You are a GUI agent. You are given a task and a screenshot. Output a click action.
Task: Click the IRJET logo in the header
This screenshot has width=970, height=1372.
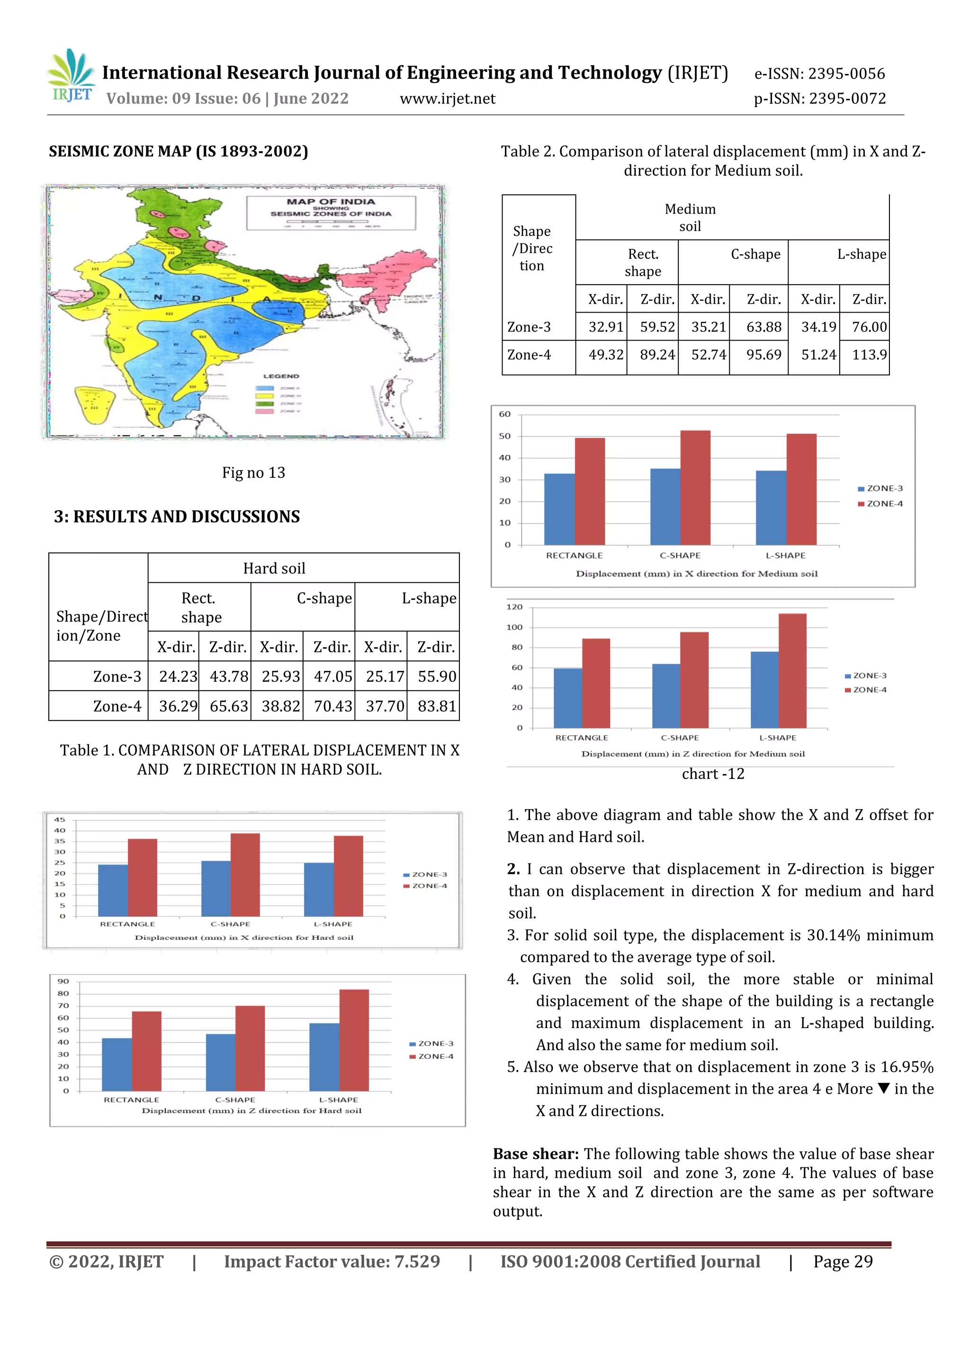click(x=72, y=76)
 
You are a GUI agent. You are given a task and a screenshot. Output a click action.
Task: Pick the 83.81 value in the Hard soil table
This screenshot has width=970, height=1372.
click(x=437, y=706)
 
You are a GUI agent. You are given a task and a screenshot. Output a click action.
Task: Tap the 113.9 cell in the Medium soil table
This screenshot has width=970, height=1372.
click(x=869, y=355)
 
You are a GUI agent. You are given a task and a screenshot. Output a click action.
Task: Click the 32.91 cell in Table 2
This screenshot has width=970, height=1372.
click(x=606, y=327)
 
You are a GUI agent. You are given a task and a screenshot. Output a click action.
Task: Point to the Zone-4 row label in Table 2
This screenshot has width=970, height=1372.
click(x=529, y=355)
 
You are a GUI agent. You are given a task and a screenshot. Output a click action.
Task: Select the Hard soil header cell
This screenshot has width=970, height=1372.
click(x=274, y=569)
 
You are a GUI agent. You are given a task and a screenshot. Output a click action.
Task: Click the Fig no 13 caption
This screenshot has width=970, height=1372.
click(x=253, y=473)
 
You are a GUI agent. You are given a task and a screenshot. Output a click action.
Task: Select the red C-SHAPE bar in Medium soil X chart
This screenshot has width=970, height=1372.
click(x=695, y=487)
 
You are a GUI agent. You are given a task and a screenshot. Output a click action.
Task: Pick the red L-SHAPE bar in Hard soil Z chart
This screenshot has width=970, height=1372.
click(x=354, y=1040)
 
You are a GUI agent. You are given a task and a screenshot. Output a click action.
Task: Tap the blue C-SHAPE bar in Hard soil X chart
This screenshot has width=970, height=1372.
click(x=216, y=889)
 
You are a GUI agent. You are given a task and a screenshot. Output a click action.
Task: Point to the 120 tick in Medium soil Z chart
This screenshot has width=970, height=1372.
click(x=514, y=607)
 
